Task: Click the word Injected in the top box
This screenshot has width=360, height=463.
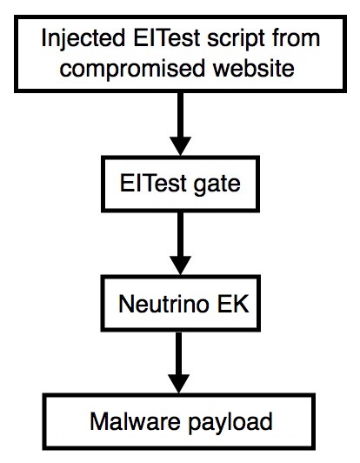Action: coord(83,38)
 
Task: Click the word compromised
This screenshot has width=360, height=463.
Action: coord(132,69)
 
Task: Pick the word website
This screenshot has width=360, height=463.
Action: coord(253,67)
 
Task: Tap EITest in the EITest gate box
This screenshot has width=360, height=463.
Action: coord(152,184)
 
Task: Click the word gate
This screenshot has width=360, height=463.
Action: coord(217,185)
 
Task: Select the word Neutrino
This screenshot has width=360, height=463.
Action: coord(163,304)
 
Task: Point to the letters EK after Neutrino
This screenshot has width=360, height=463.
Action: coord(233,304)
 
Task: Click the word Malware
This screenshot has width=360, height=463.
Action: coord(135,421)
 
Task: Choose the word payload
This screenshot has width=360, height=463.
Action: coord(230,423)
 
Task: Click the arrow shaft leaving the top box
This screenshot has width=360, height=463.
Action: coord(181,115)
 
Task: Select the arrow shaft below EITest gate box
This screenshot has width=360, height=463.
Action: coord(181,234)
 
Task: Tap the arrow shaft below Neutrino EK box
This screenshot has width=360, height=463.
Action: coord(179,353)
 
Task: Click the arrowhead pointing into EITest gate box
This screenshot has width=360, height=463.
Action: coord(181,146)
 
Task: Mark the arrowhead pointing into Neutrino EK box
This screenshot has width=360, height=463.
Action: coord(181,265)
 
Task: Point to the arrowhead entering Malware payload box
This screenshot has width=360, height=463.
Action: coord(179,384)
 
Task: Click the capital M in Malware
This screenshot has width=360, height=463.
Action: coord(98,421)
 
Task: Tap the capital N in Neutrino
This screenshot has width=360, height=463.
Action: coord(126,304)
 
